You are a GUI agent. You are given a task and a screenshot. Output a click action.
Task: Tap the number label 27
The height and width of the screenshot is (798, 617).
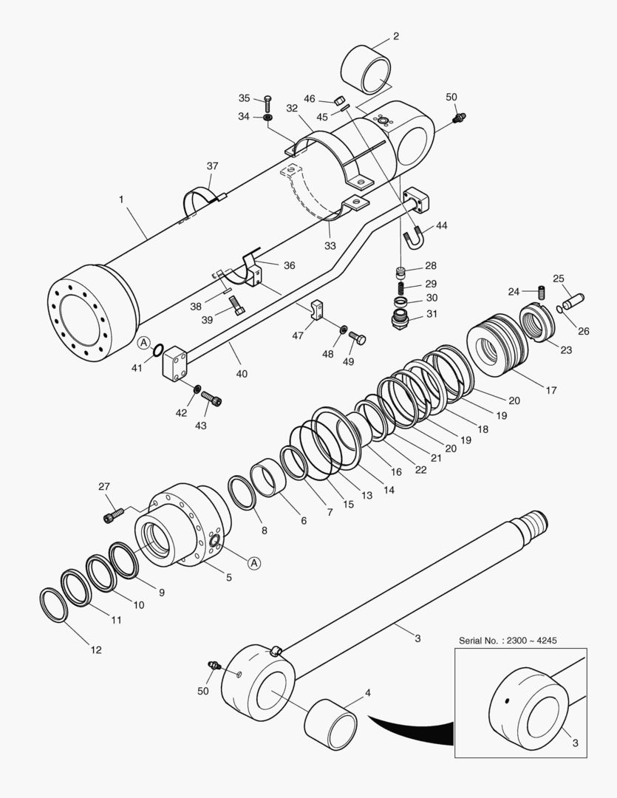click(103, 486)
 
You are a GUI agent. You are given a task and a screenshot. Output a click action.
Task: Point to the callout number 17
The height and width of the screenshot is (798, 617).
click(551, 390)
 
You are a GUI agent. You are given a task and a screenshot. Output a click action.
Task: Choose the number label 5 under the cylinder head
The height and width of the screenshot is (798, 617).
click(228, 577)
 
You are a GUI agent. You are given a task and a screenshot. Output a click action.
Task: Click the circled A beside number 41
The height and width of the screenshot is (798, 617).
click(143, 342)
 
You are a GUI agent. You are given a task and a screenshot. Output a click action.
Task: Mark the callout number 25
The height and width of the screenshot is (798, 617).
click(559, 279)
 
